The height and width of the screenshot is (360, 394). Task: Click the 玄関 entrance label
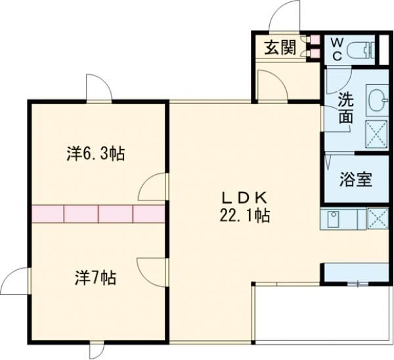tap(279, 48)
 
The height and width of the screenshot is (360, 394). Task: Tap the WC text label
tap(336, 47)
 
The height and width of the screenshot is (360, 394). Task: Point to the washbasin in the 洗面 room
tap(377, 101)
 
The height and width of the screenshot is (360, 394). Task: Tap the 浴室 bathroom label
tap(356, 179)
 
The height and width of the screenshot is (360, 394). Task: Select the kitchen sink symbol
tap(332, 218)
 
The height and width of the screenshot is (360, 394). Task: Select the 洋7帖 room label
tap(95, 278)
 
